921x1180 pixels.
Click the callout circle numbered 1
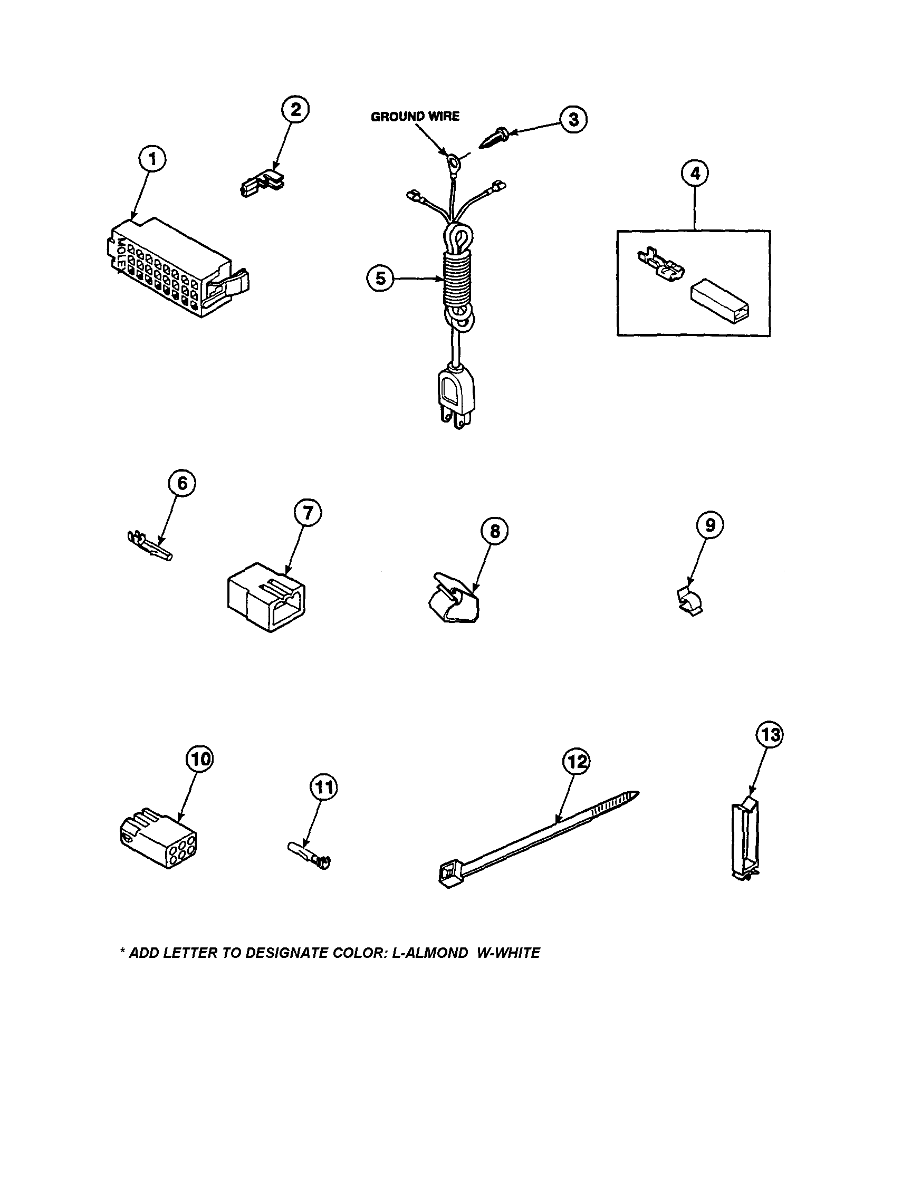pos(153,159)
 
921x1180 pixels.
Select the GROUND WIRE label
pos(415,116)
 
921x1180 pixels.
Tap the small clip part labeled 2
pos(263,183)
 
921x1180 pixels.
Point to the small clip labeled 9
pos(690,601)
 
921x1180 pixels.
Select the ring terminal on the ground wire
pos(452,160)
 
